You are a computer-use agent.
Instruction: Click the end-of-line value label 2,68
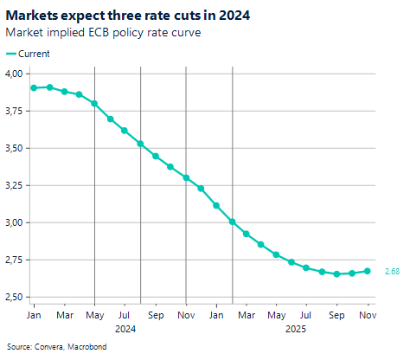click(x=392, y=272)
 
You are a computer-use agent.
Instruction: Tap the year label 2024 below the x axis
click(x=125, y=329)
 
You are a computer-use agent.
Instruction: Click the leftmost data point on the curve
click(x=34, y=88)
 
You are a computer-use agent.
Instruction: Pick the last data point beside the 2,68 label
click(x=368, y=271)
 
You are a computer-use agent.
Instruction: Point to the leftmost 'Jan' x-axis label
click(x=34, y=316)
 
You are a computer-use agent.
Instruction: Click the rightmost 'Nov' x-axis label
click(x=368, y=316)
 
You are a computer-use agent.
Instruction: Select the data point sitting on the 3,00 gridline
click(x=233, y=222)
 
